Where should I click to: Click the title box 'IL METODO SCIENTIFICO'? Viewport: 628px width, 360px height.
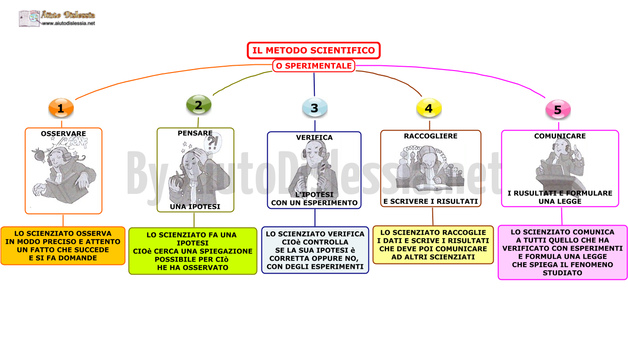pos(313,50)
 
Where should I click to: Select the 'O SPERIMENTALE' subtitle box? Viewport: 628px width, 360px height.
pos(314,66)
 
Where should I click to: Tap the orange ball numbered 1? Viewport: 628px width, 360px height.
pos(61,108)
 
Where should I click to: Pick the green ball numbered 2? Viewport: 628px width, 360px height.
pos(199,105)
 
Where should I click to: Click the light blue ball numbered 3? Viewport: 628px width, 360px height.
pos(315,108)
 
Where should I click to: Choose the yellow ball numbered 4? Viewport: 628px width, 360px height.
pos(429,108)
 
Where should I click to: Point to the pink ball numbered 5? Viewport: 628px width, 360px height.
pos(558,109)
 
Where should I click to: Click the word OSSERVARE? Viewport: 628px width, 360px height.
pos(63,133)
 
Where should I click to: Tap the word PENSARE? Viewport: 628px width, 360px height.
pos(195,133)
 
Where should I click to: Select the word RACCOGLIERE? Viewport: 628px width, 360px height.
pos(431,136)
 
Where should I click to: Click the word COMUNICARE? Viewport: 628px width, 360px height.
pos(560,136)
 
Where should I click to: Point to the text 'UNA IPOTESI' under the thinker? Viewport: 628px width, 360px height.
pos(195,207)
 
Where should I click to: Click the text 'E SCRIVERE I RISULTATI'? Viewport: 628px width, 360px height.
pos(431,202)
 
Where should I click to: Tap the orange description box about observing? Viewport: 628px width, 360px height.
pos(63,246)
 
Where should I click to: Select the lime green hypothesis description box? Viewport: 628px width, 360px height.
pos(193,251)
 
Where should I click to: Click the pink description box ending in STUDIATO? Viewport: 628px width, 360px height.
pos(562,252)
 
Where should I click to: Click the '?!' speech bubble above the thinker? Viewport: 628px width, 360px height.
pos(213,143)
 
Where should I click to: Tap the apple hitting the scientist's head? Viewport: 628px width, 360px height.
pos(39,154)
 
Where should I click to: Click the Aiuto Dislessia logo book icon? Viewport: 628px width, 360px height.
pos(29,19)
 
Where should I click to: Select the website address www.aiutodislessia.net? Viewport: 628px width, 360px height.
pos(69,24)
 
